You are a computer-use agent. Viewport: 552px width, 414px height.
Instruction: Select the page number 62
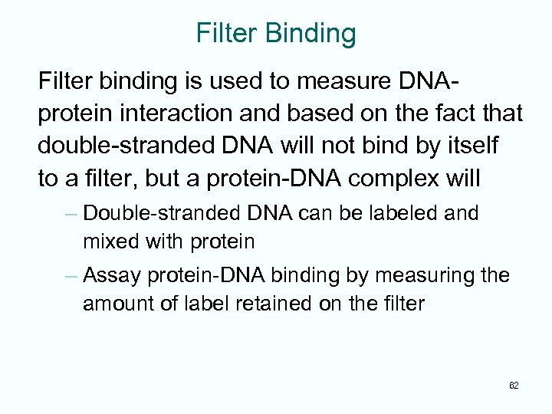[514, 385]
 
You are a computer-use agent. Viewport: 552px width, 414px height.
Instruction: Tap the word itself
[481, 146]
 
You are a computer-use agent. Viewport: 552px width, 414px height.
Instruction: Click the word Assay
[110, 275]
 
